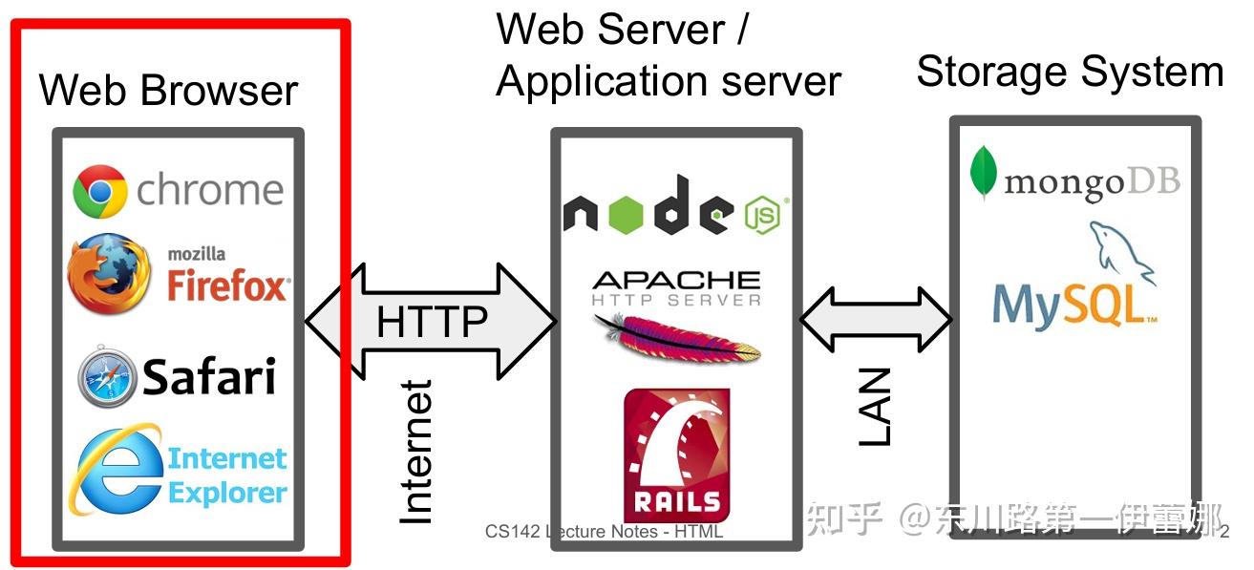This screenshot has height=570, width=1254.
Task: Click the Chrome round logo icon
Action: (x=100, y=191)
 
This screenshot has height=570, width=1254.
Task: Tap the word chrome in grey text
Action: (x=210, y=190)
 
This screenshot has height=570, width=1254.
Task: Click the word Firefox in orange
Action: (x=227, y=285)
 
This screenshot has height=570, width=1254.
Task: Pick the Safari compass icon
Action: (x=107, y=378)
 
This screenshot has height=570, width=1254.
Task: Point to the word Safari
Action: (x=209, y=377)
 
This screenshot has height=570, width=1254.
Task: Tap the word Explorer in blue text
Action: (x=227, y=493)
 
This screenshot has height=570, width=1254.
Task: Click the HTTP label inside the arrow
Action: (x=432, y=322)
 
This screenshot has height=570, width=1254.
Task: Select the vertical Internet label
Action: (x=415, y=452)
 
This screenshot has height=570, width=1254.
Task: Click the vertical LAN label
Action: (x=874, y=407)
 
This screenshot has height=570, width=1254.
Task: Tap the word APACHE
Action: (x=676, y=280)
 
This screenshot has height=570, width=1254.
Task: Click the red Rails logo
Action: (x=676, y=453)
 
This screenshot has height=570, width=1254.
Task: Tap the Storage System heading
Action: (x=1070, y=73)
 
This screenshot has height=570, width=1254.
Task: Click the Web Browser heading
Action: (x=169, y=91)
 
